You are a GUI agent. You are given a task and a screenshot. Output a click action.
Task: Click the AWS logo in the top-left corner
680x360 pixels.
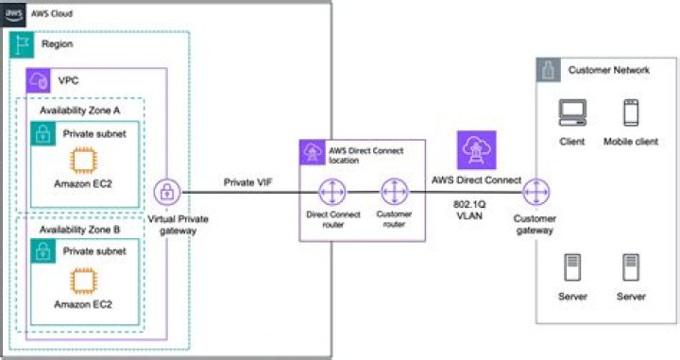13,14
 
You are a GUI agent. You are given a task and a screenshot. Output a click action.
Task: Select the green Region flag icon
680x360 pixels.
22,43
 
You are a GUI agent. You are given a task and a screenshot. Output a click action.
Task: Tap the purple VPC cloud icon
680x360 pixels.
39,79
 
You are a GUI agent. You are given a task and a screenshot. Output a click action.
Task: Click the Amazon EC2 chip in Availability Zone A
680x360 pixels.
83,159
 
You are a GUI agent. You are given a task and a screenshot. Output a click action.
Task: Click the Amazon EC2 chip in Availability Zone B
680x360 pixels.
83,281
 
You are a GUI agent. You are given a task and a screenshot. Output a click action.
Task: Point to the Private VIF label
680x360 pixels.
246,181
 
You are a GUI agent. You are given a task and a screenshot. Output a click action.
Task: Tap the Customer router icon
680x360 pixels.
393,193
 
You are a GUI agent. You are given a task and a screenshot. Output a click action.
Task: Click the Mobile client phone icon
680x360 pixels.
630,113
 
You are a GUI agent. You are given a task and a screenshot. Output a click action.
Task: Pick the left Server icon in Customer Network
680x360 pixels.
572,267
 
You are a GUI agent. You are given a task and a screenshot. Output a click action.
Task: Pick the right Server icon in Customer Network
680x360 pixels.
630,267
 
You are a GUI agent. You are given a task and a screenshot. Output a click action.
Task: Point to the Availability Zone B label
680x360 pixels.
80,230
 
